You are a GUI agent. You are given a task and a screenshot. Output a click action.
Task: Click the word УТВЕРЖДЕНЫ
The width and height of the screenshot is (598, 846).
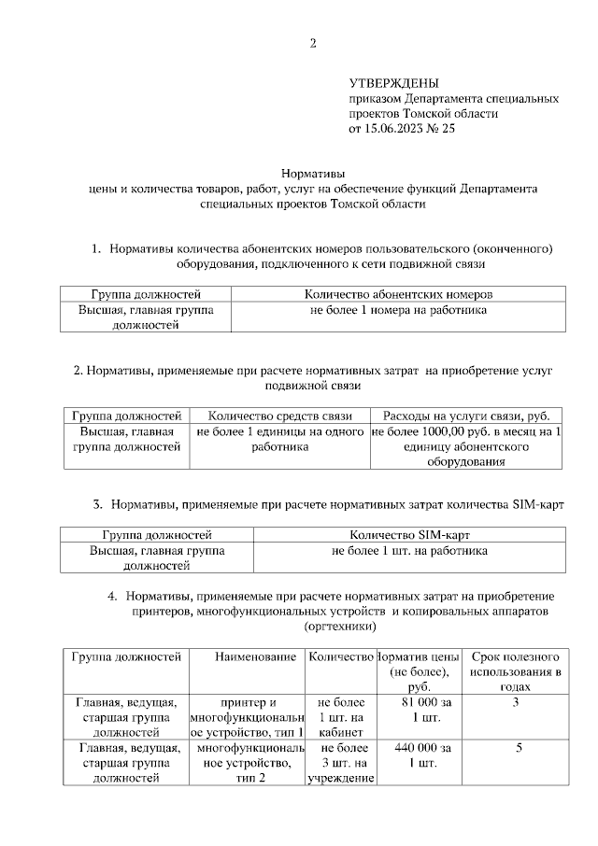(x=393, y=83)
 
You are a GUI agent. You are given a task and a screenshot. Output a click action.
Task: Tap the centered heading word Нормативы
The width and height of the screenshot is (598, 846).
(x=313, y=173)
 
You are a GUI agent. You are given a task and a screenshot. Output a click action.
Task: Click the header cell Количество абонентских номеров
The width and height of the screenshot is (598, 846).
(x=397, y=293)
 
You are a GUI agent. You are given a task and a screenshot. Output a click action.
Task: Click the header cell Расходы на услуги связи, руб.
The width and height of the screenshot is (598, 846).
(x=466, y=416)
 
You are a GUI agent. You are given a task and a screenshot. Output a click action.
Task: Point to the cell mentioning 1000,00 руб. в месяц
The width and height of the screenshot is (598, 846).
(x=466, y=446)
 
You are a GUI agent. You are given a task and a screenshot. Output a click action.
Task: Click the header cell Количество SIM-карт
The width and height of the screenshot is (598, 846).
(x=408, y=535)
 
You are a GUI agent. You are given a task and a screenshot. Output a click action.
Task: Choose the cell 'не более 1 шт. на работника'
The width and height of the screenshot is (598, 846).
(x=408, y=551)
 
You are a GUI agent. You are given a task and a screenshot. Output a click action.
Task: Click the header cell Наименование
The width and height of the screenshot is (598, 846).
(x=248, y=657)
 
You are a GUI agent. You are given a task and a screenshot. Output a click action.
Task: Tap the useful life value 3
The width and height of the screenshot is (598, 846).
(x=516, y=701)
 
